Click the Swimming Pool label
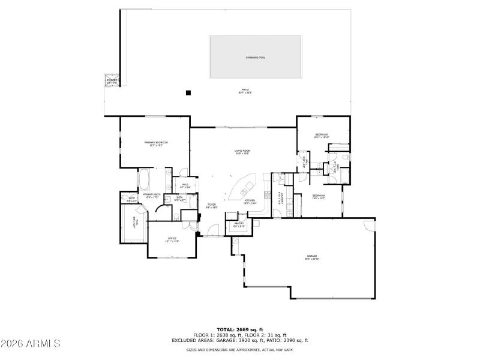coord(255,58)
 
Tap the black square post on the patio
coord(188,92)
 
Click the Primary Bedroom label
coord(156,143)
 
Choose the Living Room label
coord(242,152)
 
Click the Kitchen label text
coord(250,201)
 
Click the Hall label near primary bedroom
coord(185,185)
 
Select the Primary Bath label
coord(151,196)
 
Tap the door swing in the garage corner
coord(368,226)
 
